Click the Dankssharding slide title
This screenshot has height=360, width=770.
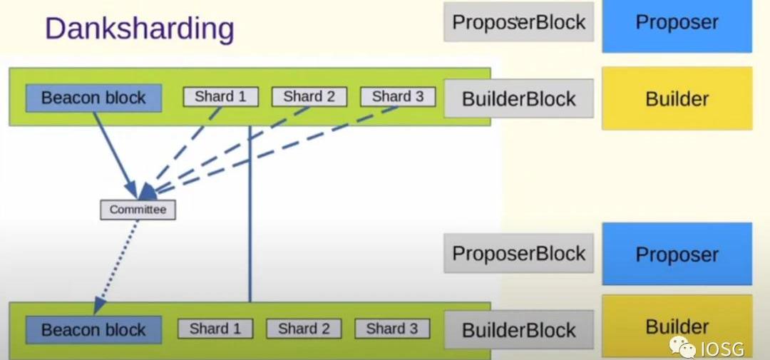point(140,29)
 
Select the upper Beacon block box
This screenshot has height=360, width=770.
point(93,98)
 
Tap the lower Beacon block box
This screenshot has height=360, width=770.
point(93,330)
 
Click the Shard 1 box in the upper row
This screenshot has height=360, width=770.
point(220,96)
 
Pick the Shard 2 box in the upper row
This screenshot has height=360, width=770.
point(309,96)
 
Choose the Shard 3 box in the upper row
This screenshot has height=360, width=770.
point(397,96)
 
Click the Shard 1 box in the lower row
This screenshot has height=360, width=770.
point(215,329)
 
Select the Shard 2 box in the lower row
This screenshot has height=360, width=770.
point(304,329)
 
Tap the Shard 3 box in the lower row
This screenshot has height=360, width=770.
point(391,329)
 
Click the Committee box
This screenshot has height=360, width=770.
point(138,210)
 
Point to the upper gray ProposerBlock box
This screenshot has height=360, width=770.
point(518,22)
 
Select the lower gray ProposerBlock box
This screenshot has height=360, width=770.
point(518,254)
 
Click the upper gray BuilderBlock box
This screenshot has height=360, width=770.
point(518,99)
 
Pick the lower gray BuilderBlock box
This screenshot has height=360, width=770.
point(518,330)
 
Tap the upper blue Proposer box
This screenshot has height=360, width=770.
point(677,22)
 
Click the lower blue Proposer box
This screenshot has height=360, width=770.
point(677,254)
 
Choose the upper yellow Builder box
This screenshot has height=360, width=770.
point(677,98)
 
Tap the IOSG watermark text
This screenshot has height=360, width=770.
point(722,349)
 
